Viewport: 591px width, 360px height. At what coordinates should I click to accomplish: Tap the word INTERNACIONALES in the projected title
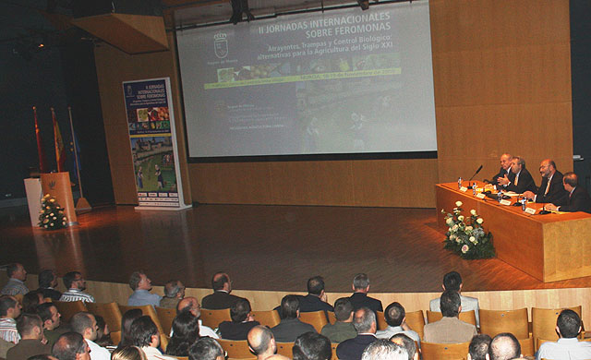pos(340,18)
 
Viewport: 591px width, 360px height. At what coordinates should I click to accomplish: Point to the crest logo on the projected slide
pos(221,44)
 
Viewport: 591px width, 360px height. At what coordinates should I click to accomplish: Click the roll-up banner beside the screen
pos(154,142)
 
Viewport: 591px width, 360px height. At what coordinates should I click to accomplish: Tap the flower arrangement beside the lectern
pos(52,213)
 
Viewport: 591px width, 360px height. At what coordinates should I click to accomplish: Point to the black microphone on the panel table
pos(475,173)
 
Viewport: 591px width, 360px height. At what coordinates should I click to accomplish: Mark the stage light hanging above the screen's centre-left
pos(239,11)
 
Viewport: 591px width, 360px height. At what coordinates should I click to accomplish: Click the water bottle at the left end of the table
pos(459,183)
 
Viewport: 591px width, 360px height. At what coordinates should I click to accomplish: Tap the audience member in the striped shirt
pos(75,288)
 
